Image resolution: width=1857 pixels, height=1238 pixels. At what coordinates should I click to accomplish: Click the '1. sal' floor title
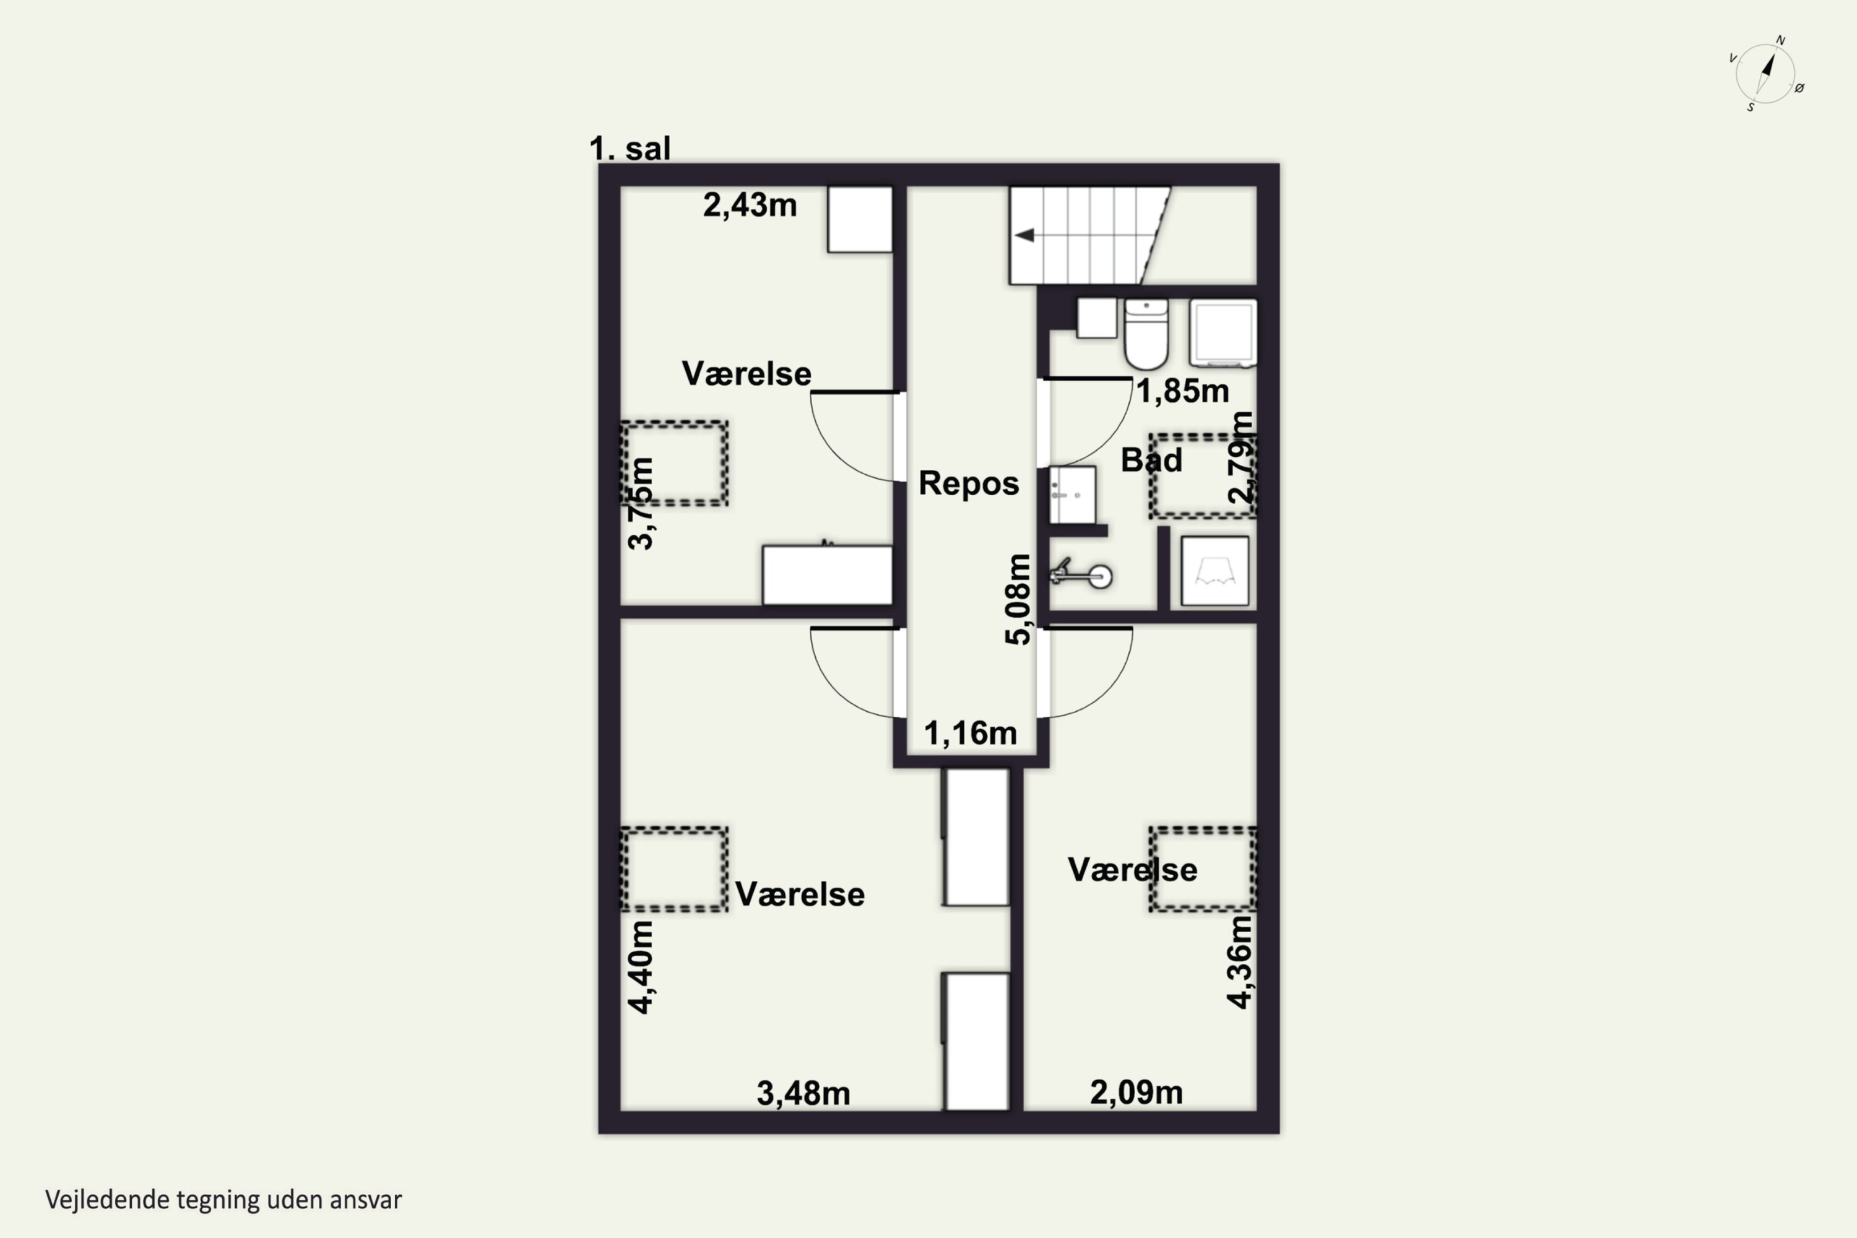[x=630, y=149]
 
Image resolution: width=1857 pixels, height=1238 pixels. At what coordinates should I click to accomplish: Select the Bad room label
[x=1151, y=461]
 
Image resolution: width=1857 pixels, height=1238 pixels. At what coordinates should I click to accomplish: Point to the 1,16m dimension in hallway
[x=971, y=734]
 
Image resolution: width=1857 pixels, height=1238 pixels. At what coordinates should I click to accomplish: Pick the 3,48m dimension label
[x=803, y=1094]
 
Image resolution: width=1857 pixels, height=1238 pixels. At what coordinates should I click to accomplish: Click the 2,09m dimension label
[x=1136, y=1093]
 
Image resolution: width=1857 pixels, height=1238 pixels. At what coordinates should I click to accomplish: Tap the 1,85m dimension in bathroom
[x=1182, y=391]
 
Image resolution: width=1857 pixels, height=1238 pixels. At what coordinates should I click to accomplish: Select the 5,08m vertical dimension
[x=1018, y=599]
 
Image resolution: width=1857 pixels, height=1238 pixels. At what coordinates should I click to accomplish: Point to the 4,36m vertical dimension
[x=1240, y=963]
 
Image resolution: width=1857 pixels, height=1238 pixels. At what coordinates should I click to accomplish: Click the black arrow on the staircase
[x=1025, y=235]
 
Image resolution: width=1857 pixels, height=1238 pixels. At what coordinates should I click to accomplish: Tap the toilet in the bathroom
[x=1146, y=334]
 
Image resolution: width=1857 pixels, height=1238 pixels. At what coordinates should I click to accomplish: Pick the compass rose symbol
[x=1765, y=74]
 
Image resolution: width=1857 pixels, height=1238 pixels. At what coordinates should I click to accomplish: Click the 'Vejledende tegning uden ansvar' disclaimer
[x=223, y=1200]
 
